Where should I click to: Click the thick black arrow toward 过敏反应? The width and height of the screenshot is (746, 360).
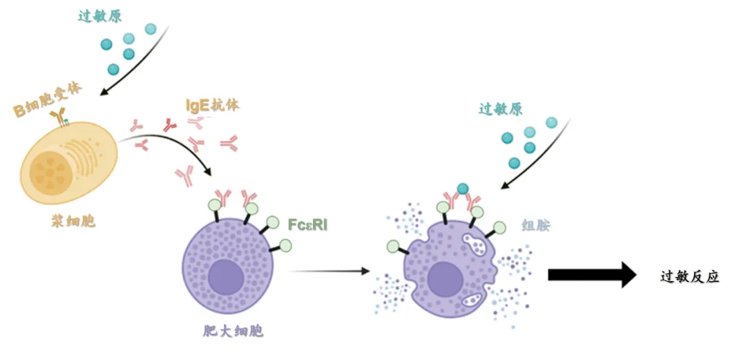[591, 274]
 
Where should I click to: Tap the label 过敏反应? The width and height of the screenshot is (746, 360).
[689, 276]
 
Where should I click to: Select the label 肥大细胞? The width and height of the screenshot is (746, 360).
[229, 331]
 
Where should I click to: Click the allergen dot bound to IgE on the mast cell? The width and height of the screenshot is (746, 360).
[463, 189]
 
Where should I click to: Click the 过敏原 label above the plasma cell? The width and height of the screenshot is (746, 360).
[99, 16]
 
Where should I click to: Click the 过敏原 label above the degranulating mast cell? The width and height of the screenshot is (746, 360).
[500, 108]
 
